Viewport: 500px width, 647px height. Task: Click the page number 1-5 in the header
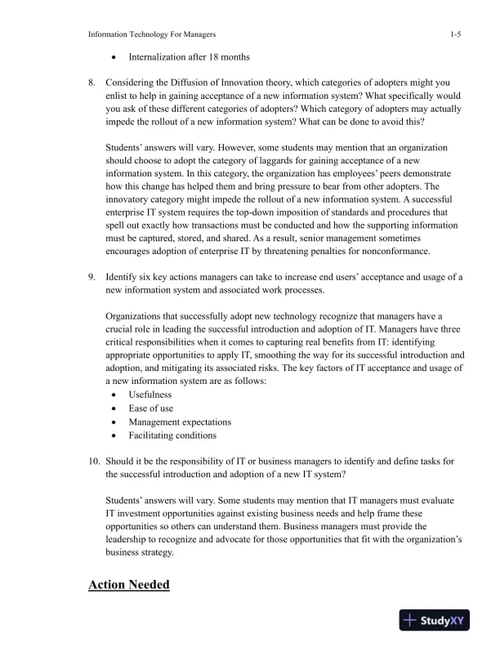(x=457, y=34)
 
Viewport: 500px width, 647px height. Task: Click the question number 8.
(x=93, y=83)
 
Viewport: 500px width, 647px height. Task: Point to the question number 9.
(x=93, y=277)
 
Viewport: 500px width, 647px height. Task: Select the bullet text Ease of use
(x=150, y=408)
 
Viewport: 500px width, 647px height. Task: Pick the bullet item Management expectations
(x=180, y=422)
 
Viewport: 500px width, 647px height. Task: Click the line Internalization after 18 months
(x=189, y=58)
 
